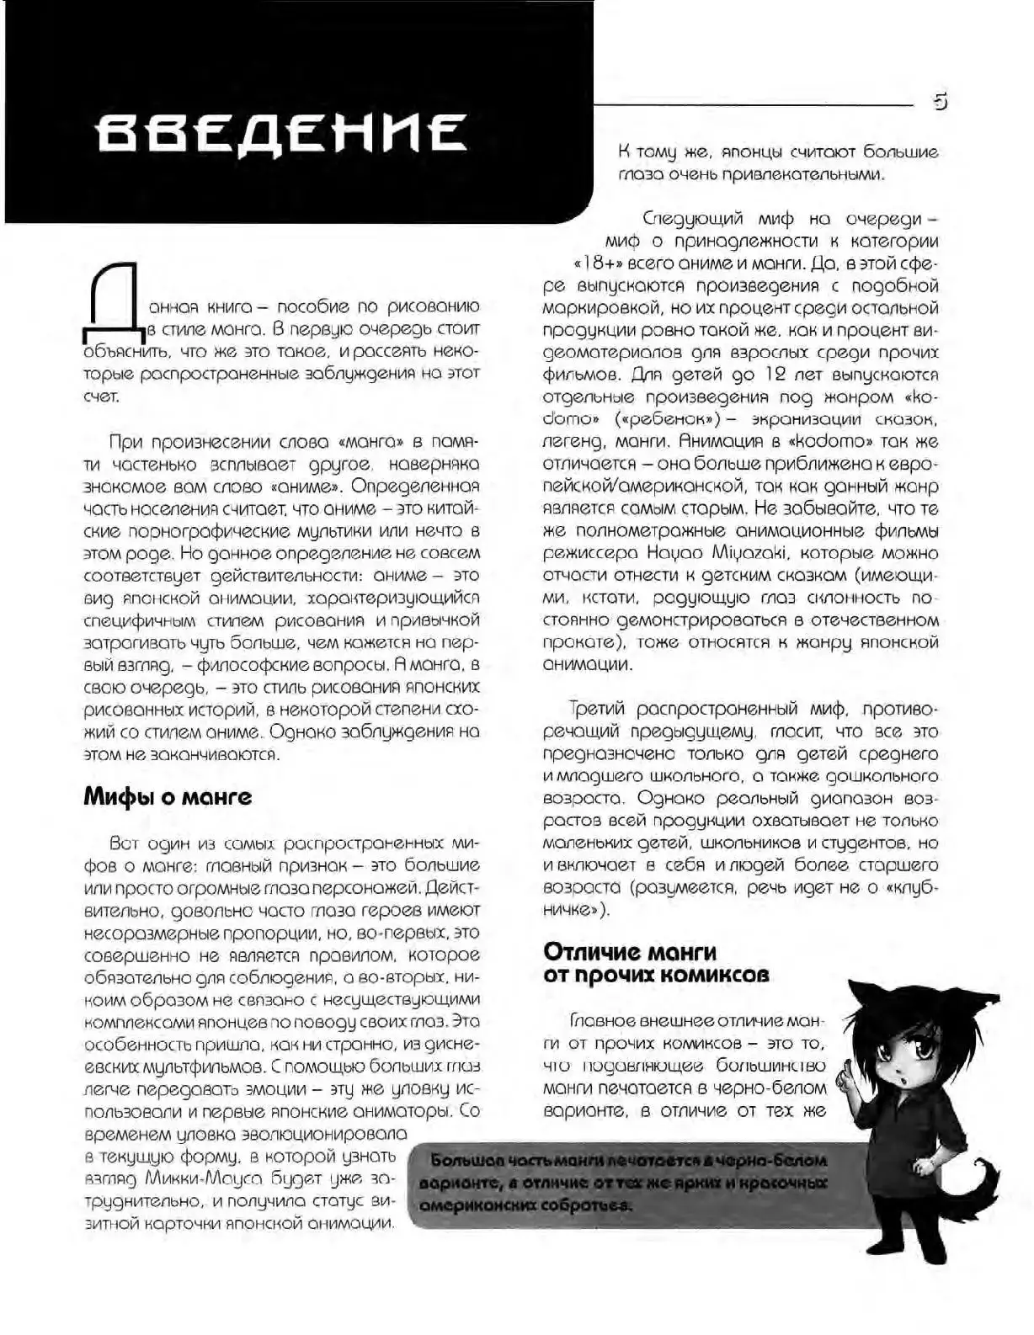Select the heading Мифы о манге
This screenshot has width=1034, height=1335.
click(x=168, y=796)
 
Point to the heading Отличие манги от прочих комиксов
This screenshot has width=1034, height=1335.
click(x=656, y=964)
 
